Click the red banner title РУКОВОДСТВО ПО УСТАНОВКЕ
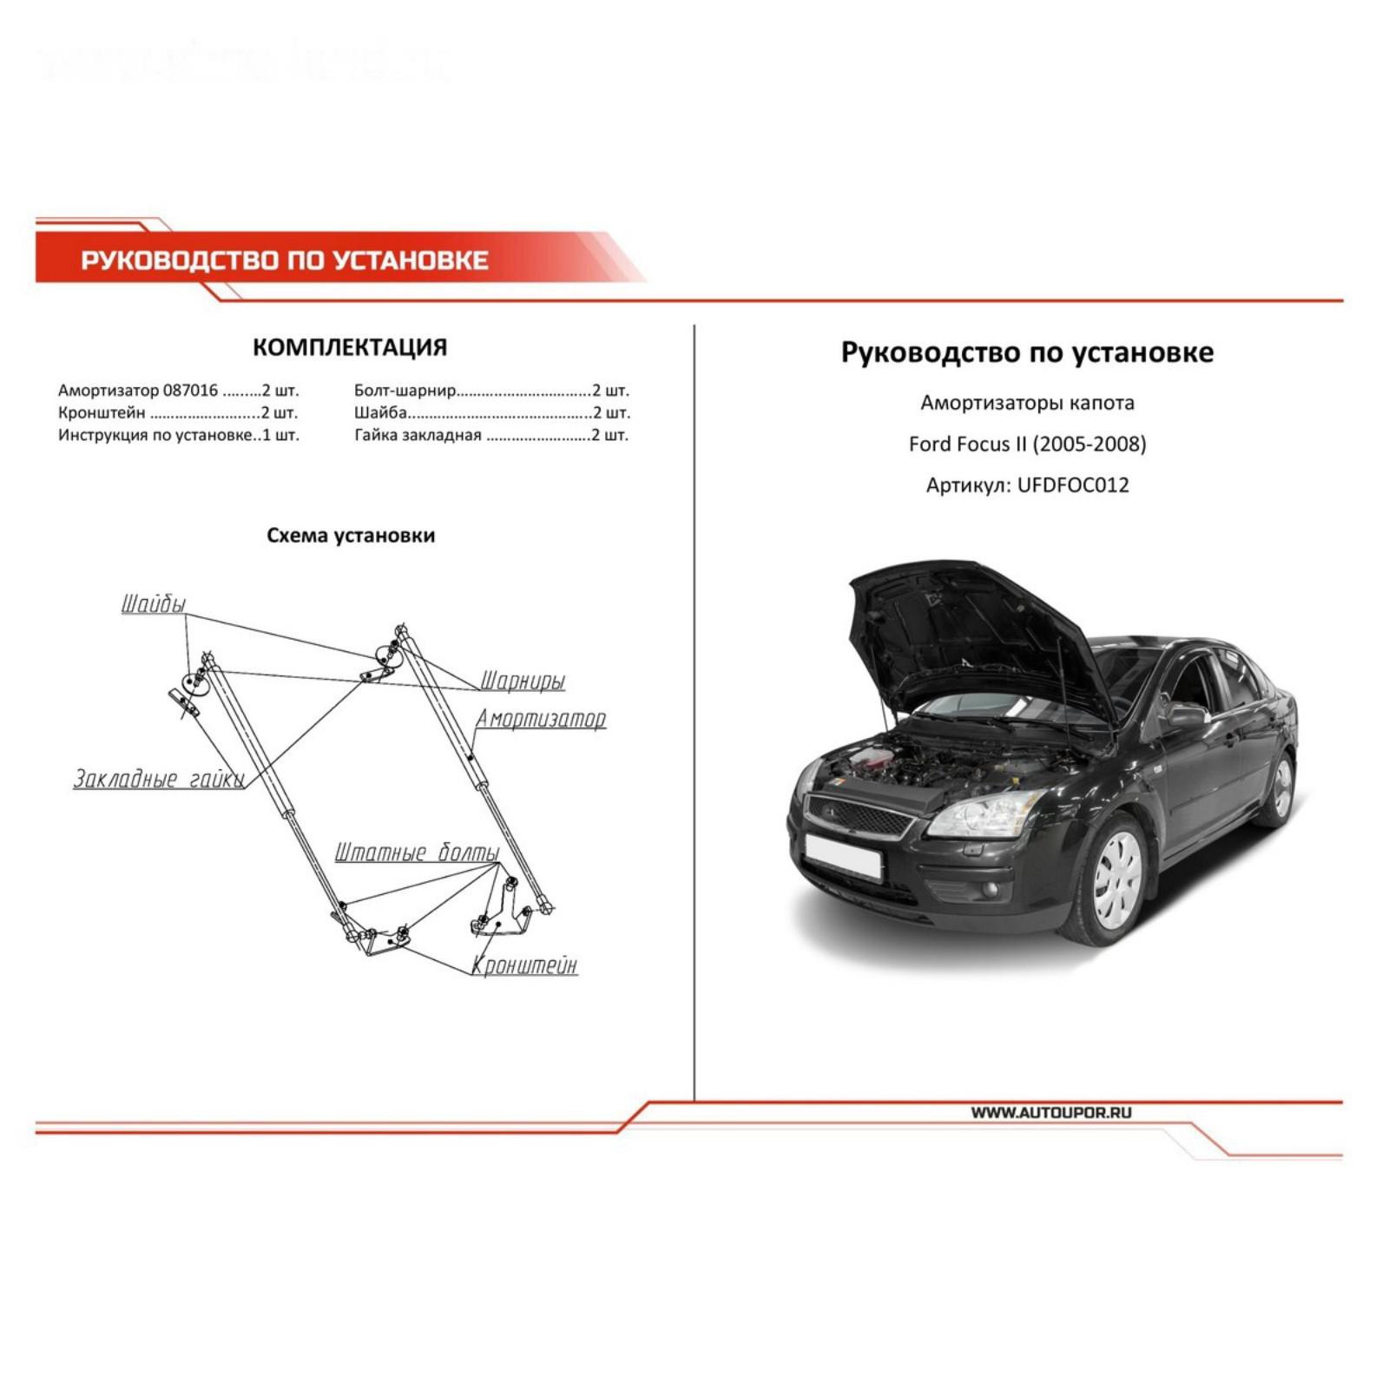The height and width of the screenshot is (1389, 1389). pos(284,260)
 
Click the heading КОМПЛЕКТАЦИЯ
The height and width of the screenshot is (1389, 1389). pos(350,347)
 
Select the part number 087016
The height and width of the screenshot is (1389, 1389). pos(190,391)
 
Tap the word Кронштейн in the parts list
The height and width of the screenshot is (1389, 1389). pos(102,412)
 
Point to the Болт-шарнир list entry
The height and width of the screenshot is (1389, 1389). pos(405,391)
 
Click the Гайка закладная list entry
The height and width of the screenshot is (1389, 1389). pos(418,435)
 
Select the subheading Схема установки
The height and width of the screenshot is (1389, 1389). pos(351,536)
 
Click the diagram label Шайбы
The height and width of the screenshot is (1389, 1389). pos(153,604)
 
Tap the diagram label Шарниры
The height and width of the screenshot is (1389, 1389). pos(523,681)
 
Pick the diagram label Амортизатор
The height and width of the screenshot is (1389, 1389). pos(540,719)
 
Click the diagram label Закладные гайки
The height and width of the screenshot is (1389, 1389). pos(158,779)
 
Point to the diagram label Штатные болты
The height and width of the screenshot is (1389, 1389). pos(417,852)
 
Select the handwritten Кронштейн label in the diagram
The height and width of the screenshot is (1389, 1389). pos(524,964)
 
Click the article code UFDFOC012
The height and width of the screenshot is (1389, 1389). pos(1073,484)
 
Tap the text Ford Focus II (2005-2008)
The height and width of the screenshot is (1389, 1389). pos(1027,444)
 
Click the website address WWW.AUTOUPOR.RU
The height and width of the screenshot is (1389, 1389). pos(1050,1112)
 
